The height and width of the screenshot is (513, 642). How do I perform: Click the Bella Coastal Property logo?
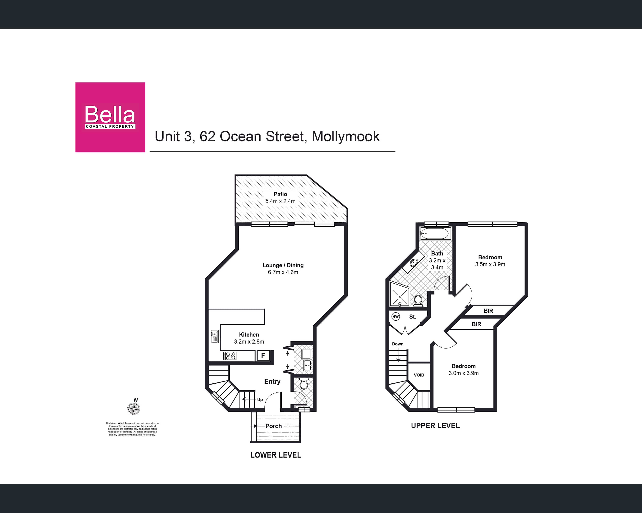point(110,117)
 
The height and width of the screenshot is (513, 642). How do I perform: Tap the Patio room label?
point(280,194)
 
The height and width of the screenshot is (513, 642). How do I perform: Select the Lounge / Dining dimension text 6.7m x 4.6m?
point(283,272)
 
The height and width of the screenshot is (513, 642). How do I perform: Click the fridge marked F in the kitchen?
point(263,355)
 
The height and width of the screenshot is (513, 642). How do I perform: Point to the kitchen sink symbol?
point(215,337)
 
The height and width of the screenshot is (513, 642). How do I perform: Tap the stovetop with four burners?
point(230,356)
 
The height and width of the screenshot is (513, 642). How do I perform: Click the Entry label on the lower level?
point(272,381)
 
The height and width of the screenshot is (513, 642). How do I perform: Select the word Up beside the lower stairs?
point(260,400)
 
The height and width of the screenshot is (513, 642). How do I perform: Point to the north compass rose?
point(134,408)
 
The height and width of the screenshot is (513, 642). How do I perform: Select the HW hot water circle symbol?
point(396,317)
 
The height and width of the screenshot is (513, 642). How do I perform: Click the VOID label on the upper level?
point(419,375)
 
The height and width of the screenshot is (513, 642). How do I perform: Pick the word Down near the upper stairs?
point(398,344)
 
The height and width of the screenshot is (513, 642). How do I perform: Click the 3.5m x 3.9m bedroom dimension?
point(490,264)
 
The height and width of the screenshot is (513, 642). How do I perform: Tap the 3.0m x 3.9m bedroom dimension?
point(464,373)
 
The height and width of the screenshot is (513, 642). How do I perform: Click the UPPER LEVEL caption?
point(435,426)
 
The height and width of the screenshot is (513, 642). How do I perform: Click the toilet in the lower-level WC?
point(304,384)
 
